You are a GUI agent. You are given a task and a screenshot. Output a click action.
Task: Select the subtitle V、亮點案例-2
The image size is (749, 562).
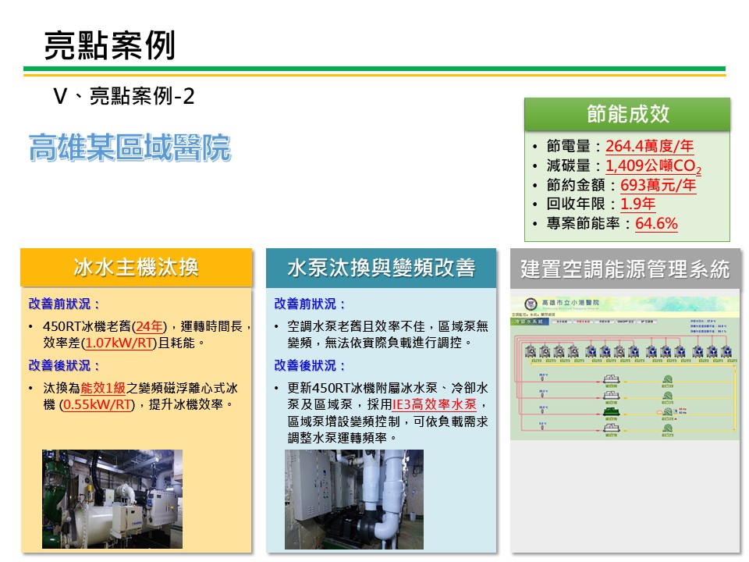pyautogui.click(x=123, y=96)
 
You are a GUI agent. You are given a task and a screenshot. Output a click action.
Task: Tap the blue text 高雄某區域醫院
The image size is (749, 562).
pyautogui.click(x=130, y=147)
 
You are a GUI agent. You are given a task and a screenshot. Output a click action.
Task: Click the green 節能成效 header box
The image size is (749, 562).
pyautogui.click(x=627, y=114)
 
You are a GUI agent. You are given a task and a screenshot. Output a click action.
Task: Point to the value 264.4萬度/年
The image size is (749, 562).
pyautogui.click(x=649, y=146)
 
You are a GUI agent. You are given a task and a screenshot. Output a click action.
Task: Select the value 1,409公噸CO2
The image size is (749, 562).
pyautogui.click(x=653, y=165)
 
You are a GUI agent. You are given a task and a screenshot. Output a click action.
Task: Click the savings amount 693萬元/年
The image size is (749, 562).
pyautogui.click(x=658, y=185)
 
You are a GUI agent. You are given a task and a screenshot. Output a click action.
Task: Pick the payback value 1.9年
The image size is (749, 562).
pyautogui.click(x=637, y=205)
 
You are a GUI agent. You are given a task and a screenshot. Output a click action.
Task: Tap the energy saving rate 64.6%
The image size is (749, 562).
pyautogui.click(x=656, y=224)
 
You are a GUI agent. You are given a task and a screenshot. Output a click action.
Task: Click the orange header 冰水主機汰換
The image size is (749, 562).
pyautogui.click(x=137, y=268)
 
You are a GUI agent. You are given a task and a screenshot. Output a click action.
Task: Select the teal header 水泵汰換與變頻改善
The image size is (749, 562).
pyautogui.click(x=381, y=268)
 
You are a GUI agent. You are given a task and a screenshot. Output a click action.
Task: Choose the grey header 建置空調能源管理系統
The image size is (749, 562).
pyautogui.click(x=625, y=270)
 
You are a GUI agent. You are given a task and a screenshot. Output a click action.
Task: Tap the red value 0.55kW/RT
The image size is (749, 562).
pyautogui.click(x=100, y=404)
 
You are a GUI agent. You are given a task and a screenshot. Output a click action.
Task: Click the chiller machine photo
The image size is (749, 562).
pyautogui.click(x=112, y=499)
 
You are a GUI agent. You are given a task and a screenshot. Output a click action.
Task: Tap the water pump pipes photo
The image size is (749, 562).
pyautogui.click(x=353, y=499)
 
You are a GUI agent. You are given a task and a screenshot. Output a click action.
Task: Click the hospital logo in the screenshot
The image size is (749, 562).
pyautogui.click(x=527, y=303)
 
